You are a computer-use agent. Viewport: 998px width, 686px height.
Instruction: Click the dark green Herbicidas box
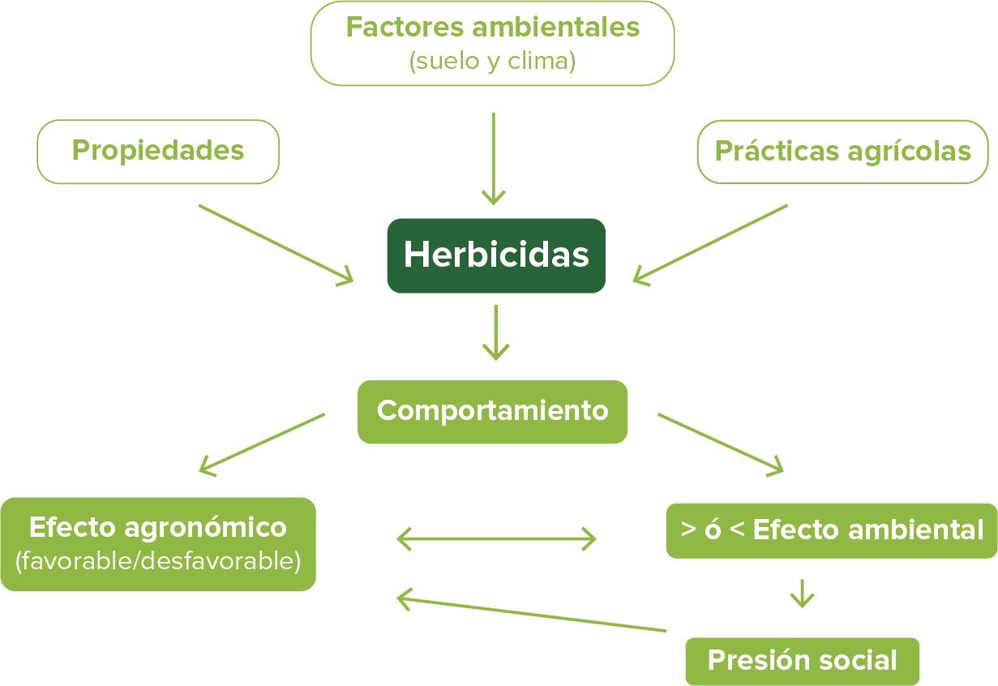click(496, 255)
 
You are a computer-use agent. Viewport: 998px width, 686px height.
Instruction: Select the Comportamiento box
click(492, 411)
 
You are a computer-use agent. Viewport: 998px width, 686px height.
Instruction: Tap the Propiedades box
click(158, 151)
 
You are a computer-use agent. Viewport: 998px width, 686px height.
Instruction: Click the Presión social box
click(802, 661)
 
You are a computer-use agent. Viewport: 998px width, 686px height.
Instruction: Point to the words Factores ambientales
click(492, 28)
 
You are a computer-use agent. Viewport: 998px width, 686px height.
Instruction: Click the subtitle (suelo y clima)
click(492, 62)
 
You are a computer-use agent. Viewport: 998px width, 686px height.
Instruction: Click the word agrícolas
click(909, 152)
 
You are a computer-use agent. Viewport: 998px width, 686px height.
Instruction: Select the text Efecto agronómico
click(158, 528)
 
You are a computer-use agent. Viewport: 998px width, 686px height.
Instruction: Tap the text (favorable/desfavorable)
click(158, 560)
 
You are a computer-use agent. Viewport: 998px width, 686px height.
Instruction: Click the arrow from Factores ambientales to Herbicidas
click(493, 158)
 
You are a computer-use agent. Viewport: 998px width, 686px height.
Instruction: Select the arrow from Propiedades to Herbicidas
click(276, 243)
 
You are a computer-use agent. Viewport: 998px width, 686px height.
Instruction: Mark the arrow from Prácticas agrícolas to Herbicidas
click(710, 243)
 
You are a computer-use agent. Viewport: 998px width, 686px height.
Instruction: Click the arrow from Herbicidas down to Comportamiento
click(495, 332)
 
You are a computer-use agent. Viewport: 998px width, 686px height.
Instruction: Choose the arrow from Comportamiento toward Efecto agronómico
click(261, 443)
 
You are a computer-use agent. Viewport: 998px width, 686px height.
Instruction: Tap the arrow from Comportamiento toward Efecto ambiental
click(721, 443)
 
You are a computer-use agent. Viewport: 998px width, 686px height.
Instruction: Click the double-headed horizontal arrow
click(496, 538)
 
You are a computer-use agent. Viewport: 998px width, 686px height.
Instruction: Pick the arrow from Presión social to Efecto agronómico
click(531, 615)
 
